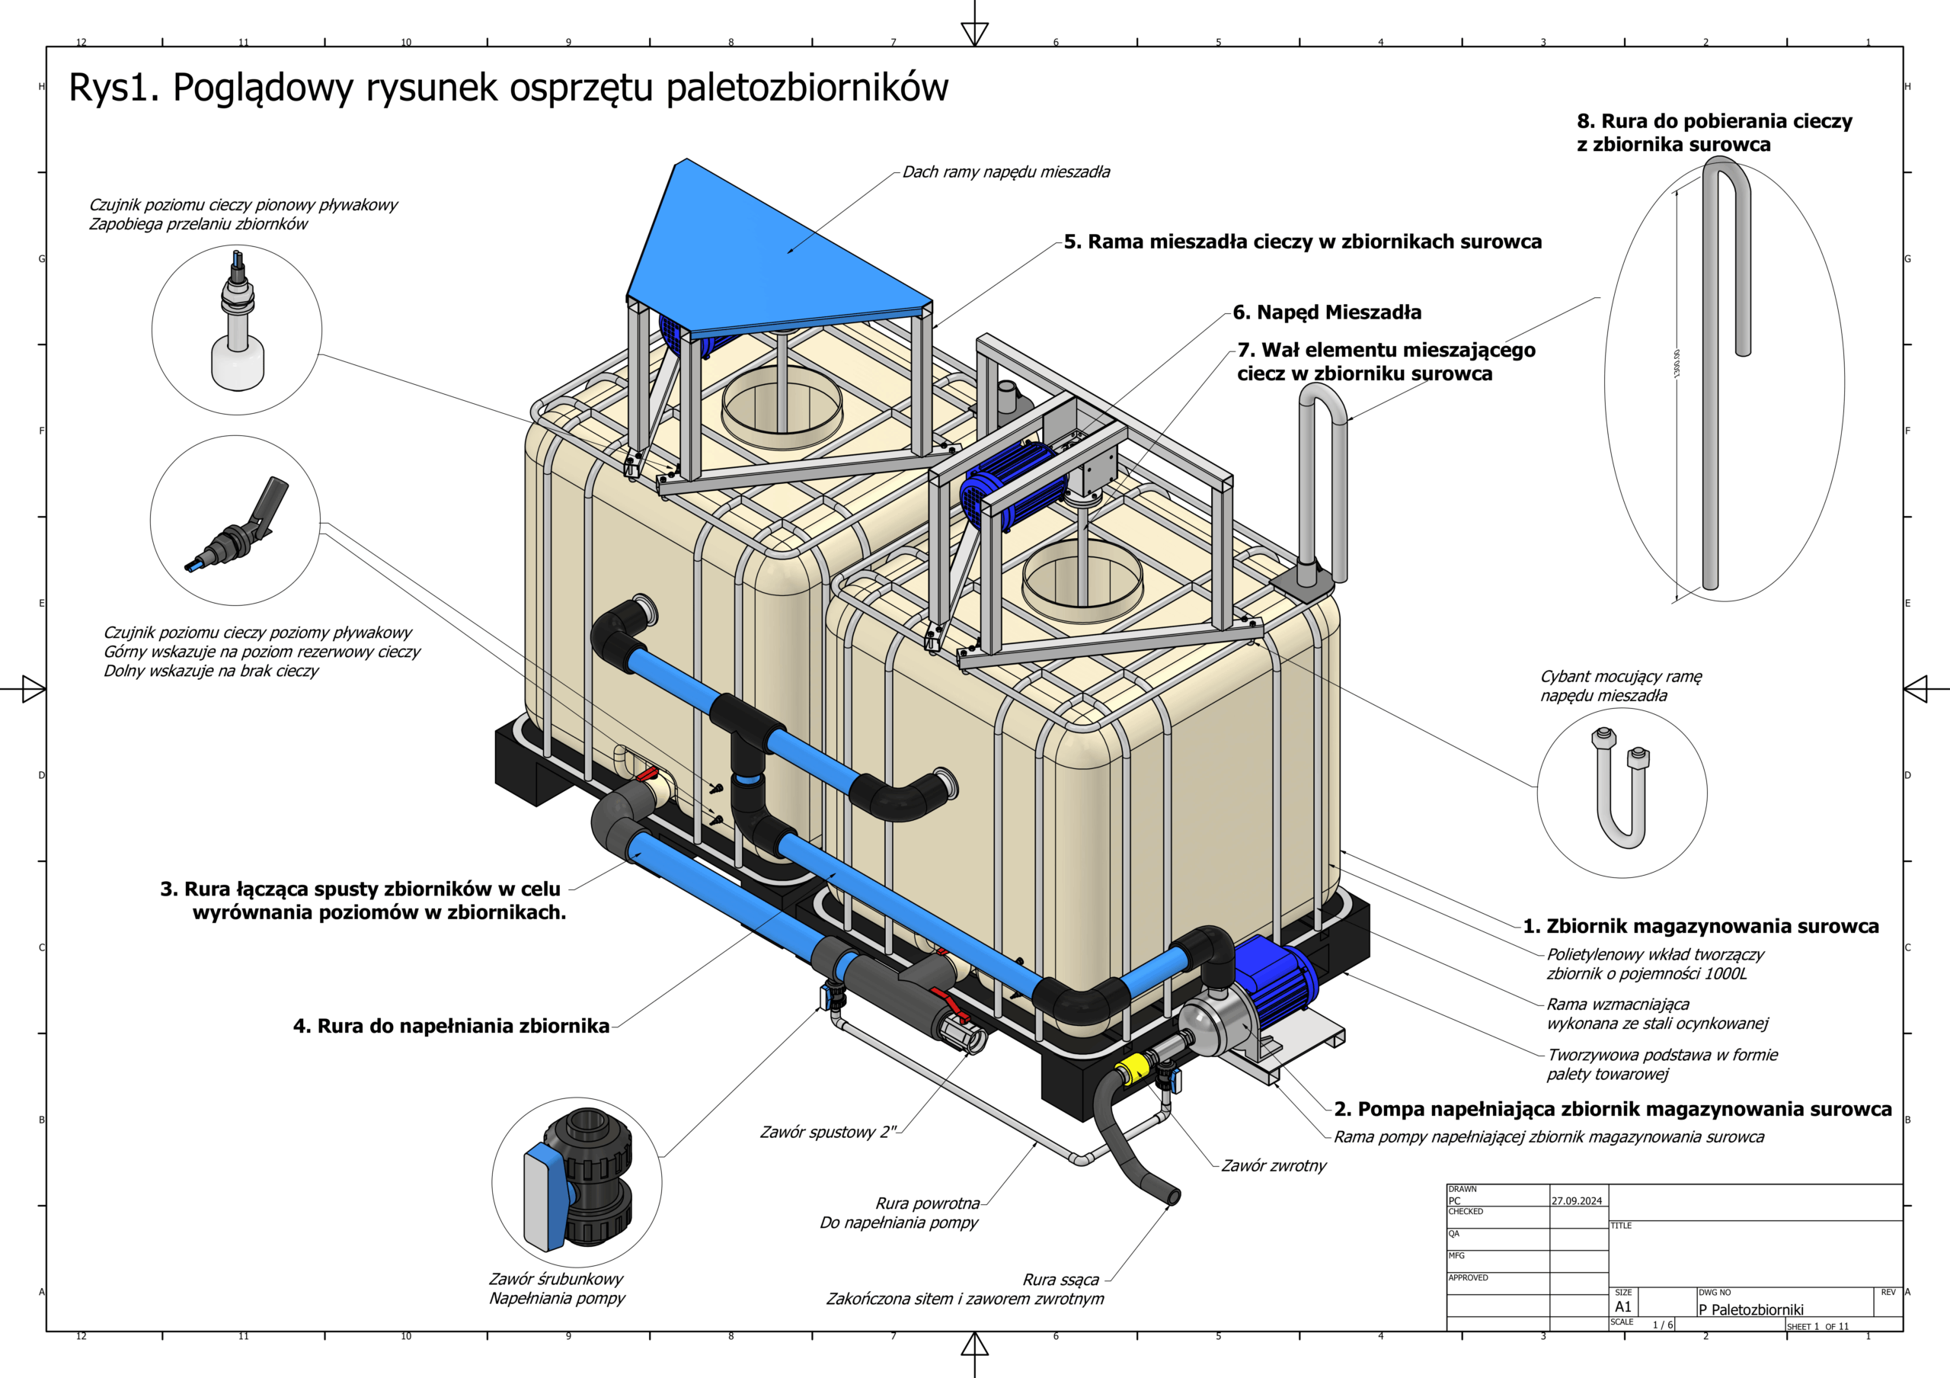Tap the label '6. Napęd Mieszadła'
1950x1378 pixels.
1327,312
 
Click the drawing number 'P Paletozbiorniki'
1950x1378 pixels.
1750,1309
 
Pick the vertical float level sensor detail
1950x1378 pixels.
237,327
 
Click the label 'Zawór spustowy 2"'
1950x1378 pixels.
827,1132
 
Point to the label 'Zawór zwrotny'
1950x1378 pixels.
1273,1165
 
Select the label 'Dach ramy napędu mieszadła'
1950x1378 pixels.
1005,171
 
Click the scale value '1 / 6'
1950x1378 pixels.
1662,1325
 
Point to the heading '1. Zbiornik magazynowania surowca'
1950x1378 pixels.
1700,926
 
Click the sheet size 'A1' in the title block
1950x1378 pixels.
1623,1306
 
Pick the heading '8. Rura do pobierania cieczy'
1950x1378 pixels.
1714,121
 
